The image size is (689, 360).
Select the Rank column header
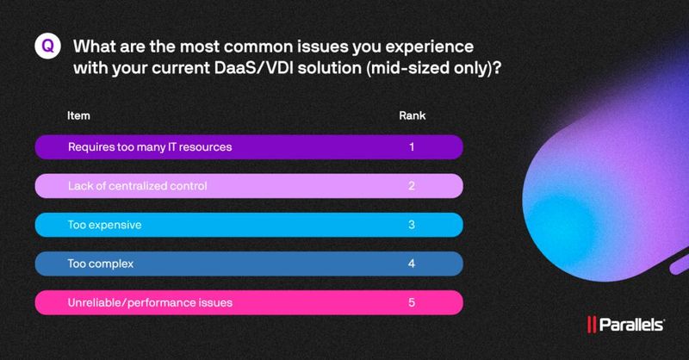pos(411,115)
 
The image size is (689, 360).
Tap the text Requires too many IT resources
pos(150,147)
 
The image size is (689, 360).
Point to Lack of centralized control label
pos(138,186)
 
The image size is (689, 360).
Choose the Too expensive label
pos(104,225)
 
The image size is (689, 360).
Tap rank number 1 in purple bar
pos(412,147)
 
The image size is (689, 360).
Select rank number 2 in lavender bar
pos(412,186)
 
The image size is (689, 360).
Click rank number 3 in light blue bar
pos(412,225)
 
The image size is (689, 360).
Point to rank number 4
pos(412,264)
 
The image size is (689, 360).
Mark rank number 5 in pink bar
pos(412,302)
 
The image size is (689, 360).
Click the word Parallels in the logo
pos(633,326)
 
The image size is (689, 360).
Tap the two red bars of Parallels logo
pos(593,326)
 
